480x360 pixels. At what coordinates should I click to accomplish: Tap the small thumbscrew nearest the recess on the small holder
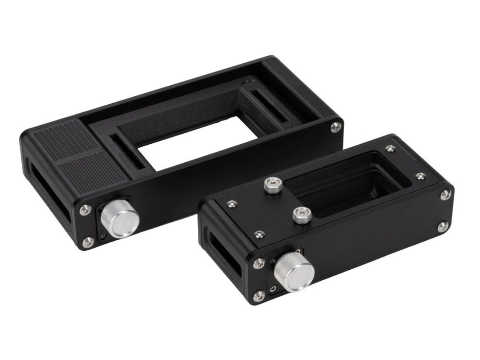(302, 215)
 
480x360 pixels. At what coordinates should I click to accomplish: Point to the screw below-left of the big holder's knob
(87, 242)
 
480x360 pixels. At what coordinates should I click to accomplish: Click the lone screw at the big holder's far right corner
(336, 127)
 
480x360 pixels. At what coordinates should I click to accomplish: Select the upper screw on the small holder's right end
(445, 195)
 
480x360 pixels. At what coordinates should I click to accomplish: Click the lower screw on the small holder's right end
(442, 227)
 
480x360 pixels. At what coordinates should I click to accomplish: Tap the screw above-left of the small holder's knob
(259, 263)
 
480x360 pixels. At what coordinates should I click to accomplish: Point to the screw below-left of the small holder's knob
(259, 296)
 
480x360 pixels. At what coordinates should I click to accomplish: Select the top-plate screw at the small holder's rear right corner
(390, 149)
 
